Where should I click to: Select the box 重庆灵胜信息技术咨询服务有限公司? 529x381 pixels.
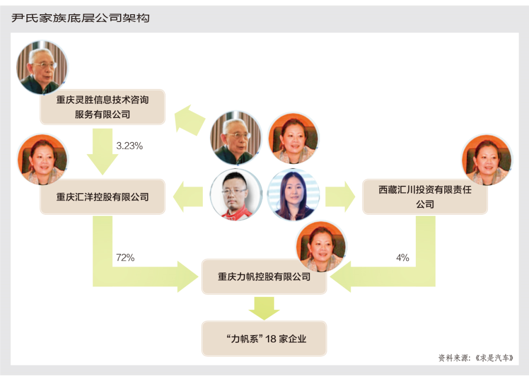point(102,107)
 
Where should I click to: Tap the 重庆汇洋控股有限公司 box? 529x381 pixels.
point(102,197)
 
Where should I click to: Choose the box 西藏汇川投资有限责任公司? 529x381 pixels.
point(425,197)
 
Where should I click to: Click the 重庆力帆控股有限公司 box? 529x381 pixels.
point(264,277)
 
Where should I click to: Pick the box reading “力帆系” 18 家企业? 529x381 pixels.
point(264,338)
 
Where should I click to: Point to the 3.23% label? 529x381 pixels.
point(129,146)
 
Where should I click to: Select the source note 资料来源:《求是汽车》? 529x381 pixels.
point(476,358)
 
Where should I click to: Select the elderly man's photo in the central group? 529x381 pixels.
point(237,138)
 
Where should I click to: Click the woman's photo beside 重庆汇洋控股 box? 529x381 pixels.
point(43,160)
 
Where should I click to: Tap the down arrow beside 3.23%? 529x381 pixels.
point(102,151)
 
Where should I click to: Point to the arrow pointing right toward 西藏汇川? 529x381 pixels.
point(340,197)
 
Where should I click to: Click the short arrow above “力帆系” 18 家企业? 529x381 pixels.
point(264,308)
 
